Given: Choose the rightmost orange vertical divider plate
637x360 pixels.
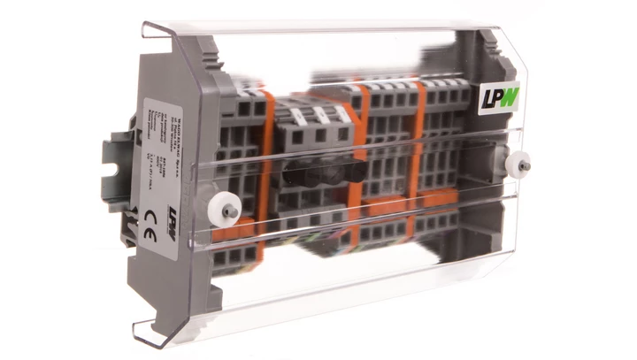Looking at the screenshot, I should (x=418, y=150).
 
